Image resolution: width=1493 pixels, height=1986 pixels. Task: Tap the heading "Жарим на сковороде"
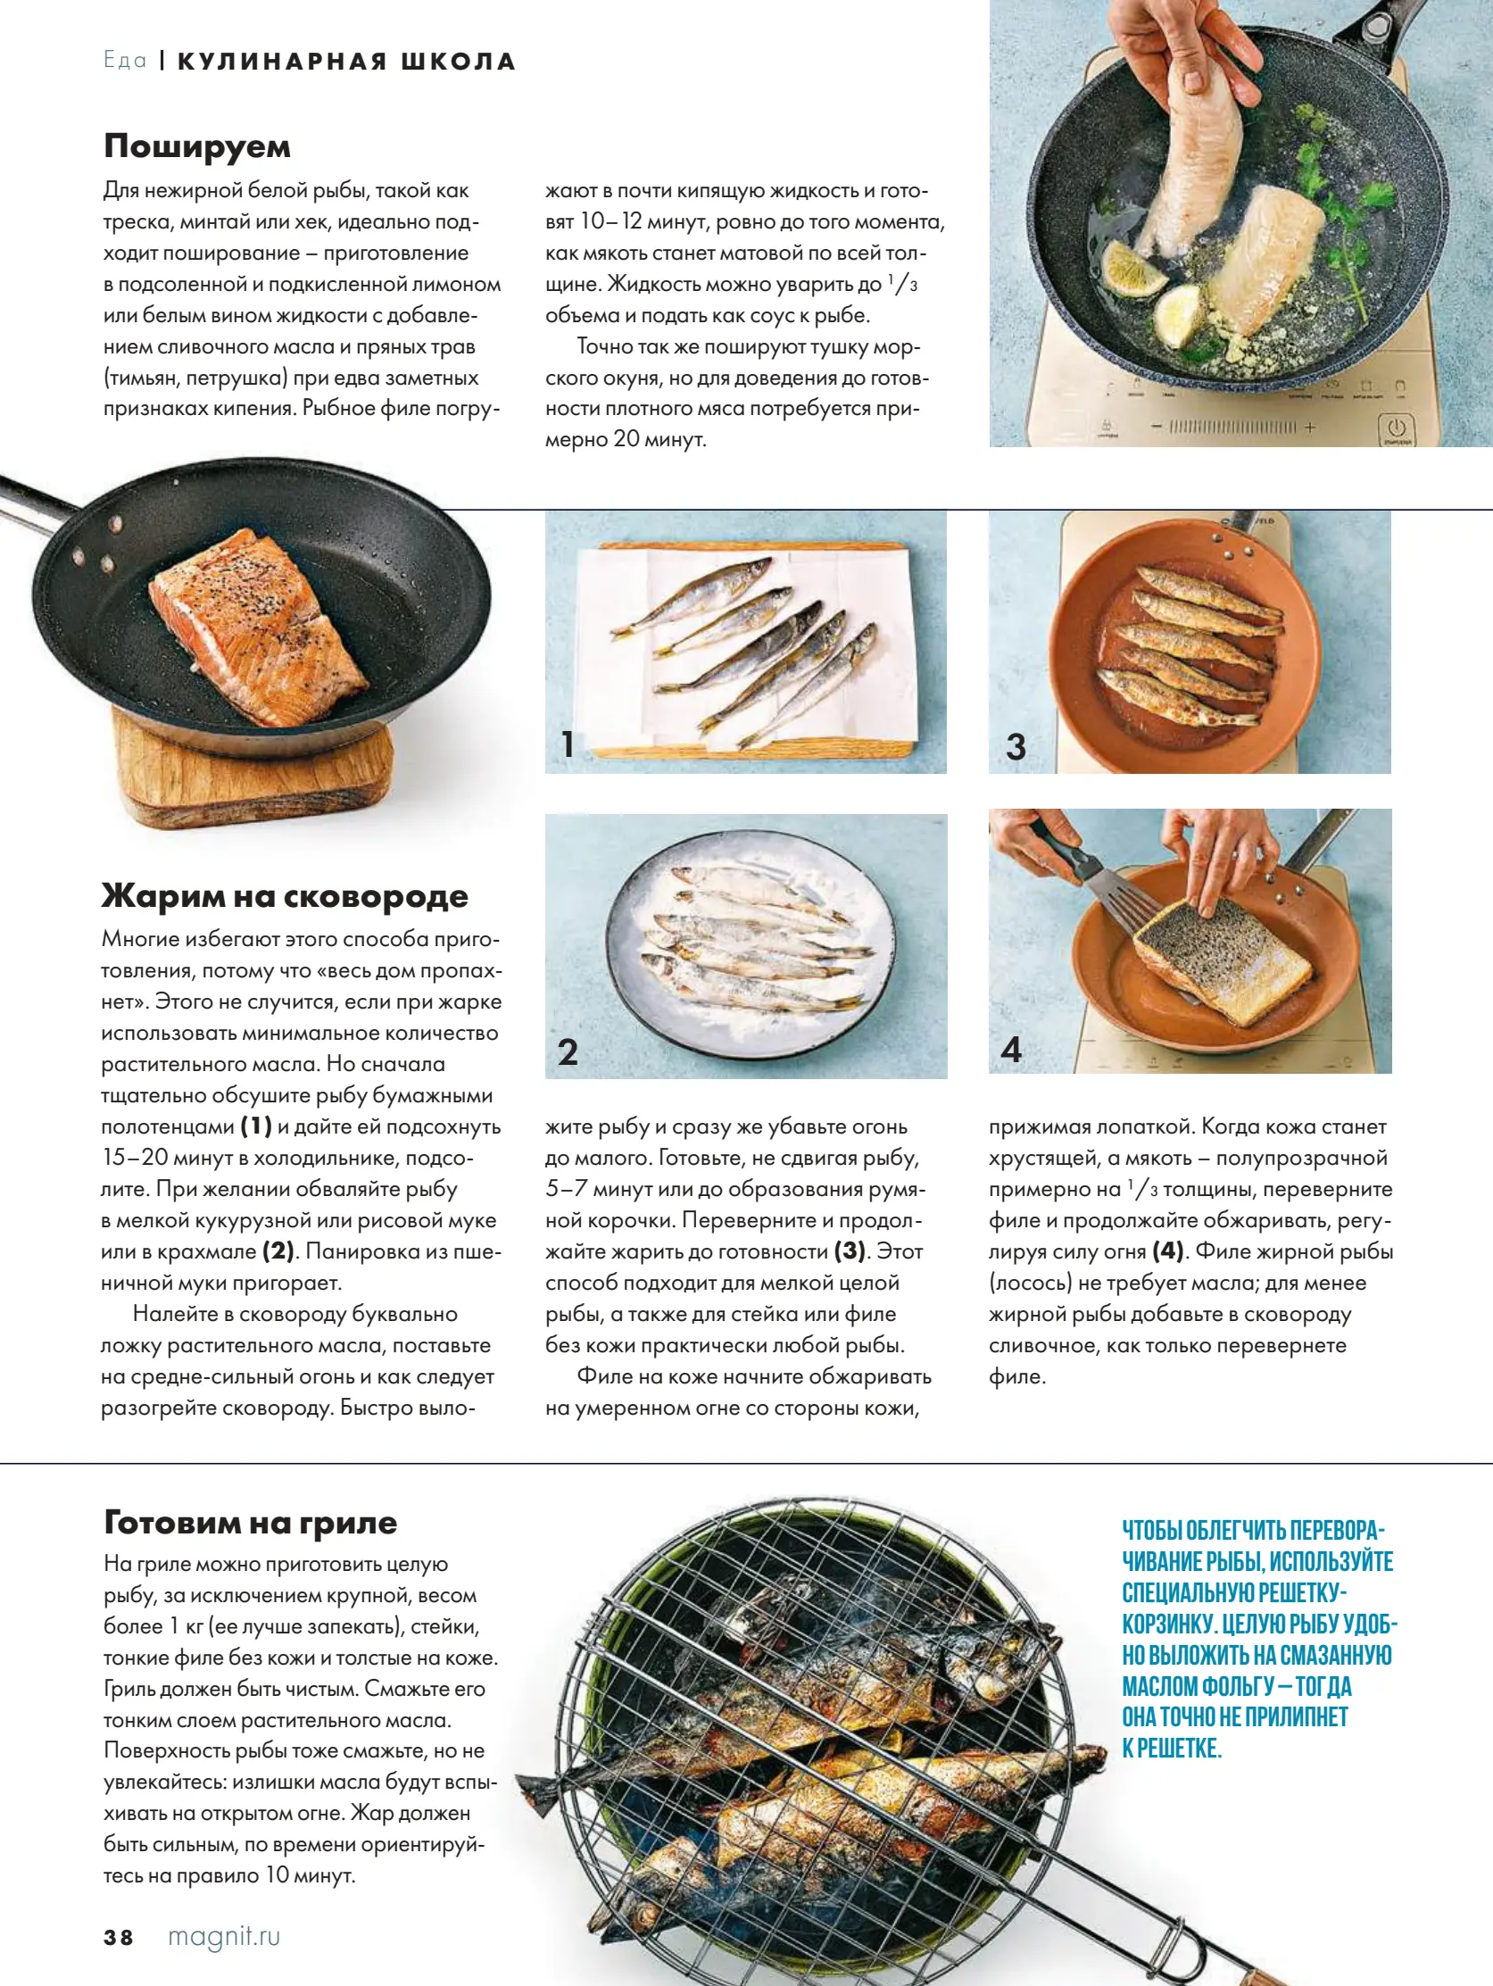click(285, 895)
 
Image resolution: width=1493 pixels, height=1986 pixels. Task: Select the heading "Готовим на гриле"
click(251, 1523)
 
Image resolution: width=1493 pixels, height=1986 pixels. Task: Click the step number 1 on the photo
click(568, 744)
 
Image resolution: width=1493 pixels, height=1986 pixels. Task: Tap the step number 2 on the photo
click(568, 1052)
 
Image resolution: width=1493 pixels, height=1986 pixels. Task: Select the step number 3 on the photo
click(1016, 747)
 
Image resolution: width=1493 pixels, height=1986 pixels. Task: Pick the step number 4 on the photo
click(1012, 1050)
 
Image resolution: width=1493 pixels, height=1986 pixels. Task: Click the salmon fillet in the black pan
click(256, 624)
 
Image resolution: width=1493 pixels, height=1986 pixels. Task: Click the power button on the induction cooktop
click(1396, 428)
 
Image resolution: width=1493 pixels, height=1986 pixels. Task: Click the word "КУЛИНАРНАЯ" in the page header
click(283, 62)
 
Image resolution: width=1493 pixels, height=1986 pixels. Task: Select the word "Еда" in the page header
click(125, 61)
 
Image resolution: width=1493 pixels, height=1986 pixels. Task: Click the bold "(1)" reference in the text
click(256, 1126)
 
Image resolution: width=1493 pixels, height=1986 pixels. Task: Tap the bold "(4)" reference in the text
click(1168, 1251)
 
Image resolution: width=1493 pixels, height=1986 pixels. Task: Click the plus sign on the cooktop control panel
click(1310, 428)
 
